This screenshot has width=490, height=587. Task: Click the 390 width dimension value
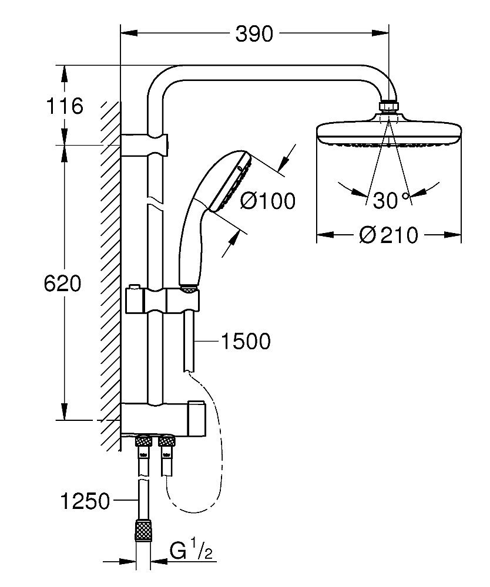pyautogui.click(x=254, y=35)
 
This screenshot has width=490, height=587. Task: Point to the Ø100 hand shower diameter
pyautogui.click(x=267, y=201)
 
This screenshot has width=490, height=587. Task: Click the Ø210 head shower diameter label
pyautogui.click(x=388, y=236)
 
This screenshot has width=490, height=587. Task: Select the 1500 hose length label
pyautogui.click(x=245, y=341)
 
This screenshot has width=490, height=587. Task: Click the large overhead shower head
pyautogui.click(x=388, y=130)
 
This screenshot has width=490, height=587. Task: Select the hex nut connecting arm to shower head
pyautogui.click(x=388, y=107)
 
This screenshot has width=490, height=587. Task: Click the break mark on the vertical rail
pyautogui.click(x=155, y=203)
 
